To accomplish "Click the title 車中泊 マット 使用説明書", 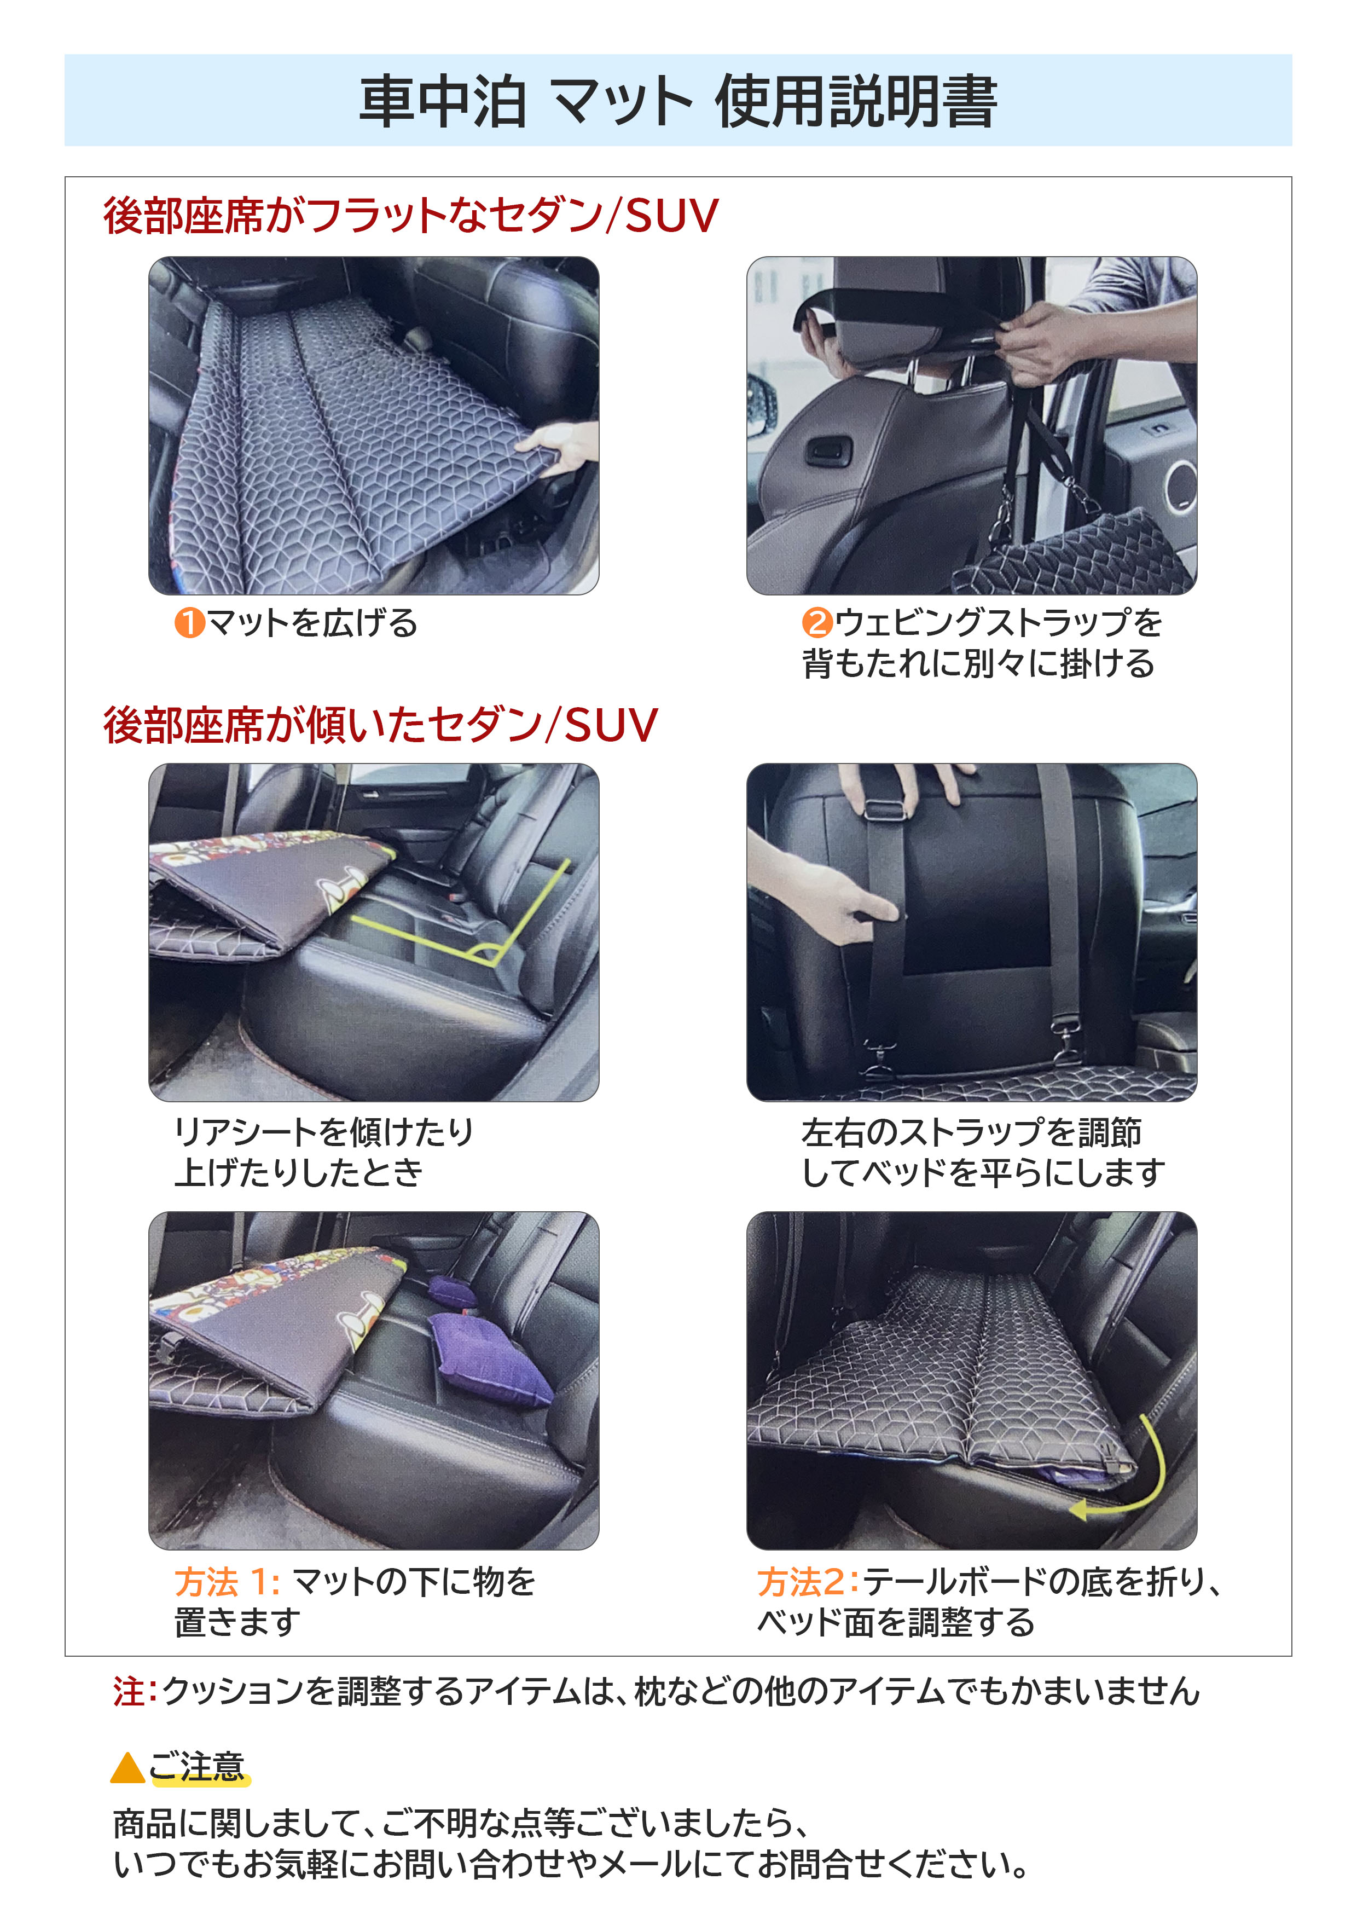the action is tap(678, 101).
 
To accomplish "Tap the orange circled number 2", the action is tap(817, 623).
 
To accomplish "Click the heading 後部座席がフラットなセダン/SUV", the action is tap(410, 216).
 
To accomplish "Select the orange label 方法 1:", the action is tap(227, 1582).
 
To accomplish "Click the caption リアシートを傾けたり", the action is tap(323, 1131).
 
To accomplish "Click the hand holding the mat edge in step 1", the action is tap(562, 447).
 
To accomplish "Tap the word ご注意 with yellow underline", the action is tap(198, 1766).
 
